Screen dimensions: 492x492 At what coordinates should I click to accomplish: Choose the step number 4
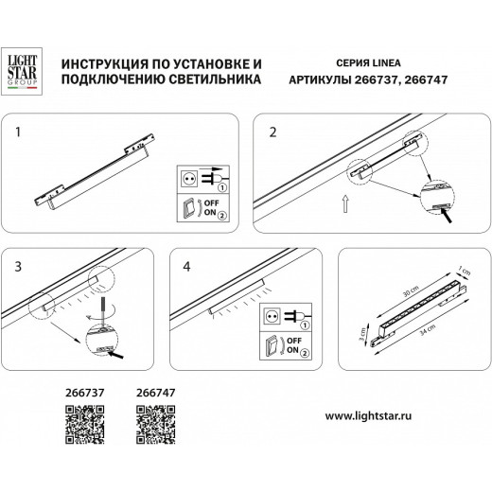tap(185, 268)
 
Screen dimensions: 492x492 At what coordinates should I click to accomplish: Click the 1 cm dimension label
tap(465, 269)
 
